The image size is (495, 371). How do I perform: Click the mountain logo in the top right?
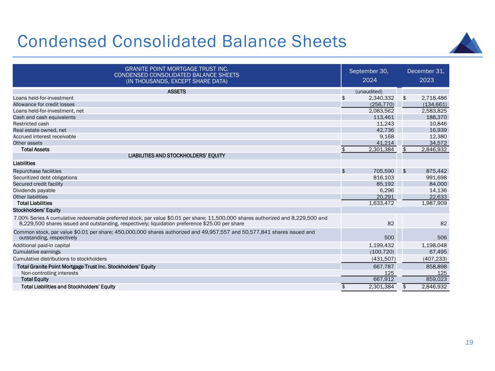click(466, 43)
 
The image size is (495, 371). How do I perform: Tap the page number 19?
click(469, 342)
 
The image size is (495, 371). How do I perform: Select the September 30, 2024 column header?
click(368, 75)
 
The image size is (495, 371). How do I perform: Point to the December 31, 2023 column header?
click(426, 75)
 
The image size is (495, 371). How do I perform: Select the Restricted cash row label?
click(31, 124)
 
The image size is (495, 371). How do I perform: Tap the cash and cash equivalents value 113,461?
click(384, 117)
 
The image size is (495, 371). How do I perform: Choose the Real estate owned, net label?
click(40, 130)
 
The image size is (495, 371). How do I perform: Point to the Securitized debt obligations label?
click(45, 178)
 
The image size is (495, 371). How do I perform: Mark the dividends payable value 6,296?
click(387, 190)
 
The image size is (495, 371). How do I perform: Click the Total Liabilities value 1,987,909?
click(434, 203)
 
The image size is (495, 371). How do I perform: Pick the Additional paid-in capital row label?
click(41, 245)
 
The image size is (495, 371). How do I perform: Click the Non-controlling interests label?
click(50, 273)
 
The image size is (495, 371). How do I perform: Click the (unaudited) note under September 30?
click(369, 91)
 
